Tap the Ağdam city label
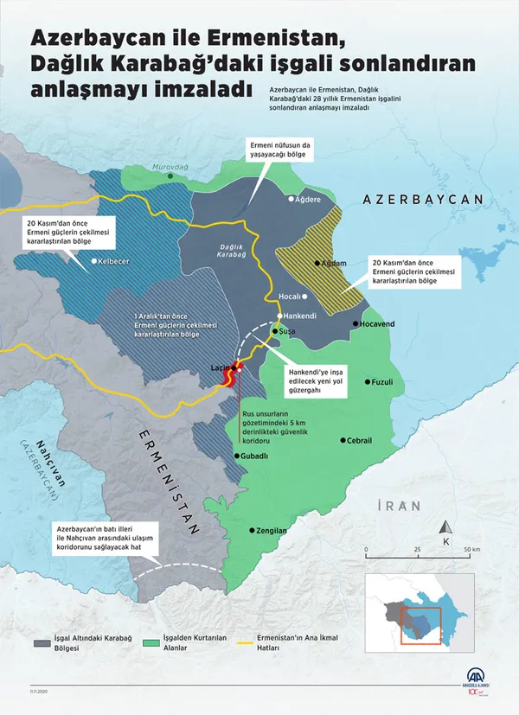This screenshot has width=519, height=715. pos(335,263)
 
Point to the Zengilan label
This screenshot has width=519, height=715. pos(271,530)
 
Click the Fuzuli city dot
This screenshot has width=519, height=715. pos(368,381)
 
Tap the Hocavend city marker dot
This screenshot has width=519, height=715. pos(355,323)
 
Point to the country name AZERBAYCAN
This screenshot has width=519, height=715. pos(422,199)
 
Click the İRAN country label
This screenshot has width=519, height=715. pos(398,505)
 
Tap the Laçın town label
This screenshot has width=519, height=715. pos(221,367)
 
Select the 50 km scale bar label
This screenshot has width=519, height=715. pos(471,550)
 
